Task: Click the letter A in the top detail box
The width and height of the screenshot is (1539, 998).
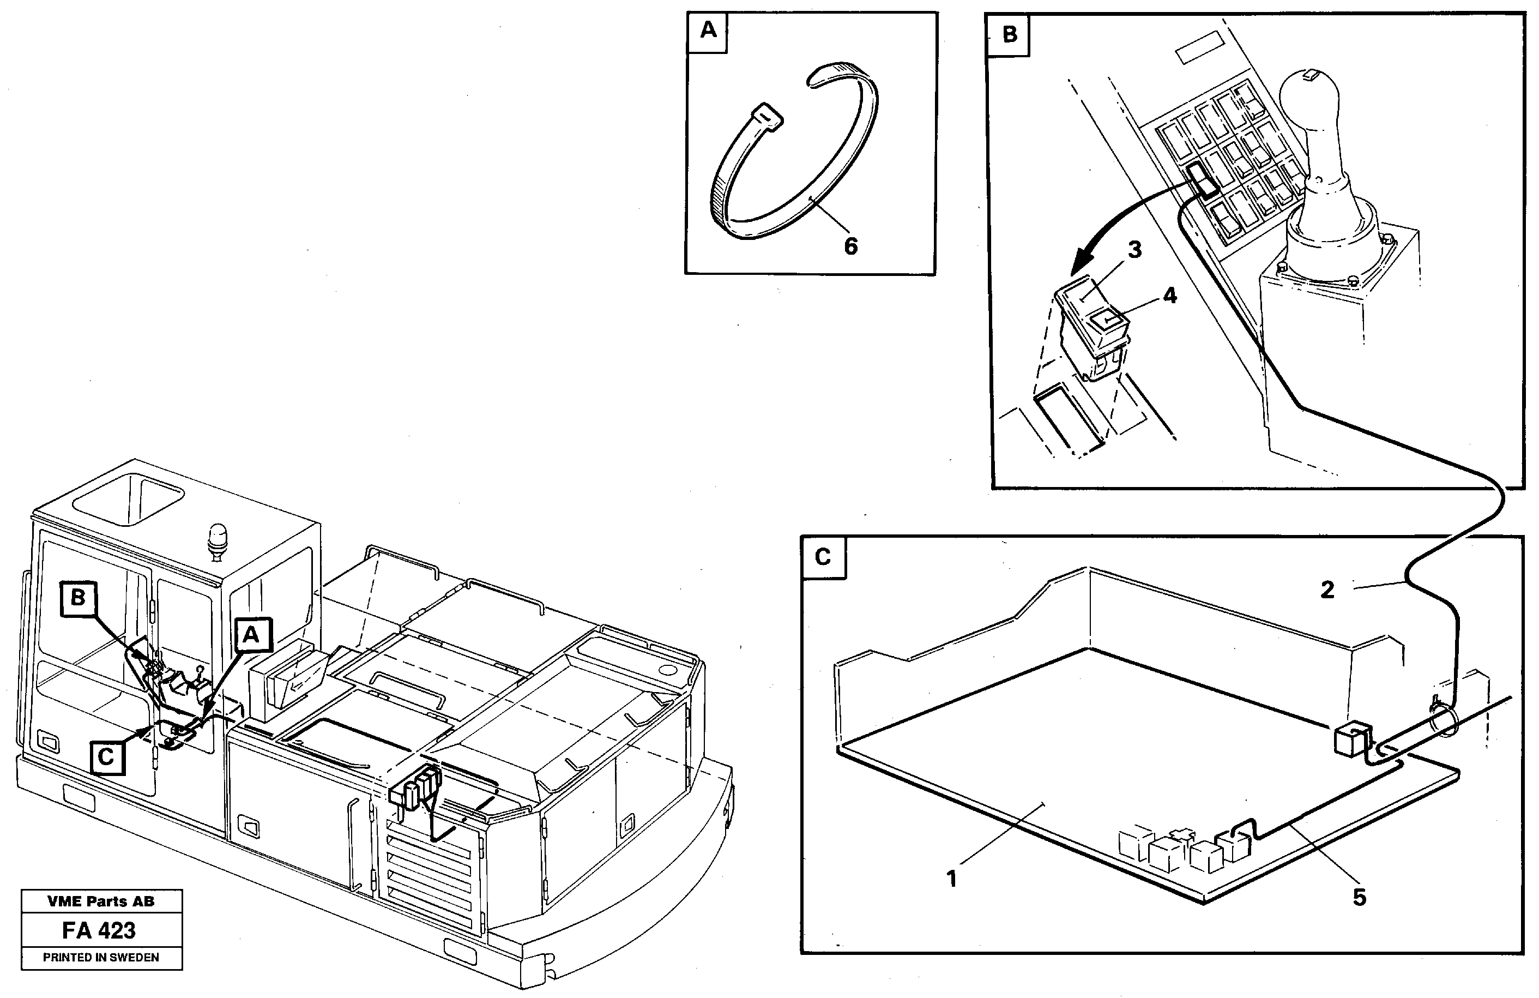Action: pyautogui.click(x=708, y=31)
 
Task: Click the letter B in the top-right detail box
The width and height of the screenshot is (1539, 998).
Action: pyautogui.click(x=1010, y=34)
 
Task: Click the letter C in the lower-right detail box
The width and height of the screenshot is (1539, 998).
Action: pyautogui.click(x=823, y=557)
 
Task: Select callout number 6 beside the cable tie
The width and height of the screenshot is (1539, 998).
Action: pyautogui.click(x=850, y=247)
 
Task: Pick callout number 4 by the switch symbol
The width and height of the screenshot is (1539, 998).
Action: pyautogui.click(x=1170, y=296)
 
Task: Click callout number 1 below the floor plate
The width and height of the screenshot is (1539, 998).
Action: pyautogui.click(x=951, y=879)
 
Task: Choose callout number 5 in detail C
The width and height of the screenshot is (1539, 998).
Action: pyautogui.click(x=1359, y=897)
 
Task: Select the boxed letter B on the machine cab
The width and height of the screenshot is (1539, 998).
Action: pyautogui.click(x=77, y=597)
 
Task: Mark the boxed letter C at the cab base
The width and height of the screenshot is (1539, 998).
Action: pyautogui.click(x=106, y=757)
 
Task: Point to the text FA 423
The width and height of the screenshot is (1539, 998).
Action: pyautogui.click(x=99, y=931)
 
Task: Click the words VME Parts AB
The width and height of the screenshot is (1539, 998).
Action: pyautogui.click(x=100, y=901)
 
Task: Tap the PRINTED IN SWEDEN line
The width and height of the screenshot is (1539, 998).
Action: pyautogui.click(x=100, y=957)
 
